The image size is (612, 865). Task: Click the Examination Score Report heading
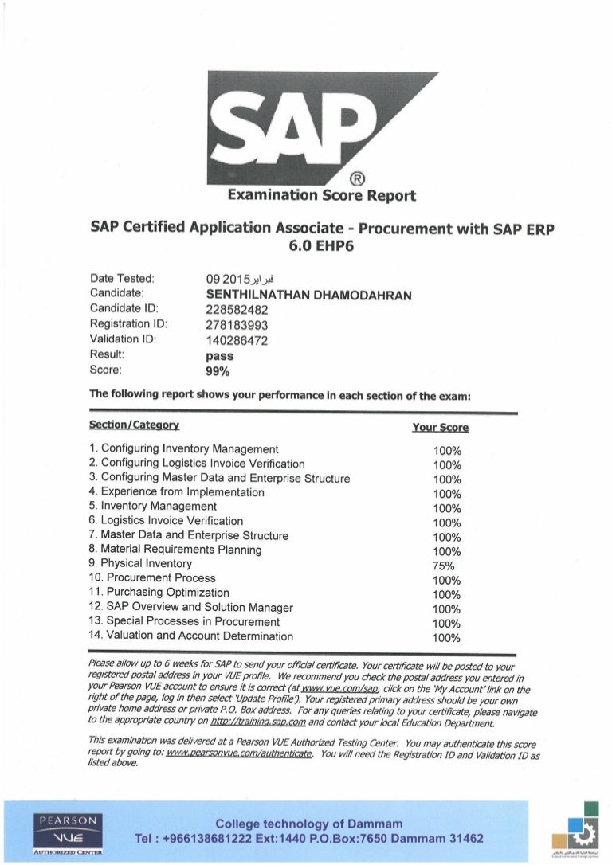point(321,194)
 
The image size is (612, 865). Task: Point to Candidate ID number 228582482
point(237,310)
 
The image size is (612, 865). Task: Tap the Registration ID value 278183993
point(237,325)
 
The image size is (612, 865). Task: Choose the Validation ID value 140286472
point(237,339)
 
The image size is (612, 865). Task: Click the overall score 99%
point(218,370)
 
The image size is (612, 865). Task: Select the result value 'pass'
point(219,356)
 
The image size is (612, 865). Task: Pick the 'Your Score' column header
point(440,428)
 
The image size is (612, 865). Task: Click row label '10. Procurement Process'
point(152,578)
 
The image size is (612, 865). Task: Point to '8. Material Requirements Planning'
point(175,550)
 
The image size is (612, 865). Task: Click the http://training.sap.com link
point(257,723)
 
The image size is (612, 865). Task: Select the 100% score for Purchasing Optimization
point(447,593)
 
